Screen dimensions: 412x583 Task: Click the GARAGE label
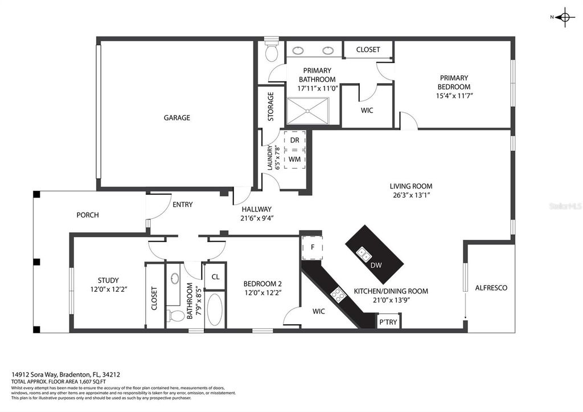coord(176,118)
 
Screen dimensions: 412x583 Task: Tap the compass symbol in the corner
coord(564,18)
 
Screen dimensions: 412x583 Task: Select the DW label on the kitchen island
coord(376,265)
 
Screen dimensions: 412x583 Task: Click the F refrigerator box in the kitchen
coord(313,247)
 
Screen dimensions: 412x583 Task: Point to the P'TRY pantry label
coord(388,323)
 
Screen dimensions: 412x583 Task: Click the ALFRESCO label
coord(491,288)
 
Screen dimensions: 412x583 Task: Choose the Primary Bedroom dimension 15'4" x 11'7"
coord(454,96)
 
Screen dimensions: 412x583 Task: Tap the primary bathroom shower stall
coord(307,110)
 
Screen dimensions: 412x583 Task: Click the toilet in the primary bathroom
coord(272,53)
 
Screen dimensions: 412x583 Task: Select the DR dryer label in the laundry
coord(294,140)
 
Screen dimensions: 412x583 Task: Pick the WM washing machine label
coord(294,160)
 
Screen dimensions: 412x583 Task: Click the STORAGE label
coord(271,106)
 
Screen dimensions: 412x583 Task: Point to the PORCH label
coord(88,215)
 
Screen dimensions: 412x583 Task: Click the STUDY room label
coord(108,280)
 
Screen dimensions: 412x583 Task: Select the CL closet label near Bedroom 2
coord(215,277)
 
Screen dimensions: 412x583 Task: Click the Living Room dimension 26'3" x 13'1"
coord(410,195)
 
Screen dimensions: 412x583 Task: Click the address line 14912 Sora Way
coord(65,374)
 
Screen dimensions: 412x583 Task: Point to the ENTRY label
coord(182,205)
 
